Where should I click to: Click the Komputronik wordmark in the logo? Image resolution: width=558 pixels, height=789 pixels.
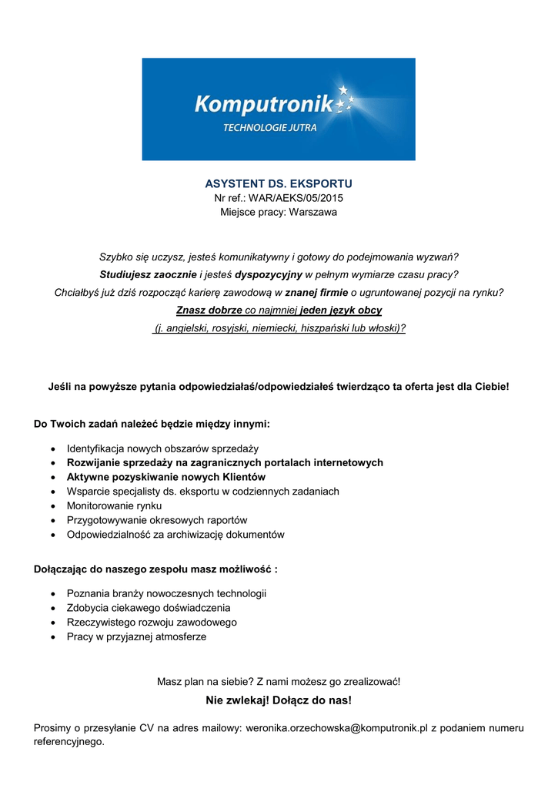pos(262,103)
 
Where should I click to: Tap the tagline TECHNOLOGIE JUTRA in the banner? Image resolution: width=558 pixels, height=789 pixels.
pos(269,128)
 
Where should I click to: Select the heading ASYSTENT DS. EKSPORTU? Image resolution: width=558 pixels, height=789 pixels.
pos(279,184)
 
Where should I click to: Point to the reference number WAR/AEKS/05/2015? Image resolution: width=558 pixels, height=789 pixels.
pos(296,198)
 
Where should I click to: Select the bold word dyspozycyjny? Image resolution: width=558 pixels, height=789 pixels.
pos(269,274)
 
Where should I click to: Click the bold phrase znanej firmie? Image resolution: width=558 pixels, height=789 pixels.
pos(316,292)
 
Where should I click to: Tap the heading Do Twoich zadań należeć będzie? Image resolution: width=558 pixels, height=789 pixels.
pos(152,424)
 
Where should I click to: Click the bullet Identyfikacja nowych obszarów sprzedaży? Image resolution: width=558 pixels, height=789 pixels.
pos(162,448)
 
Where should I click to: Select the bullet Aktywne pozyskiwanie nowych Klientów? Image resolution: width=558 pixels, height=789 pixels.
pos(165,477)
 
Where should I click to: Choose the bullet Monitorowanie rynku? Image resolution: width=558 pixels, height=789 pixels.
pos(114,505)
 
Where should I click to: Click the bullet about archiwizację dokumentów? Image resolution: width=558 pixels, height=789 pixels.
pos(175,534)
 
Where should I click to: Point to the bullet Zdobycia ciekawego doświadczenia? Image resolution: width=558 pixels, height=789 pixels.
pos(149,608)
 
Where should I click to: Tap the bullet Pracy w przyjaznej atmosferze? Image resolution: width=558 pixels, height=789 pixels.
pos(136,636)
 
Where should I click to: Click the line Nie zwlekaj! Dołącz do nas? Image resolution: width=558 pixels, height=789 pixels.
pos(279,700)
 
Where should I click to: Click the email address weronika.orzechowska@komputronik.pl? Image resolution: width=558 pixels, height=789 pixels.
pos(336,728)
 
